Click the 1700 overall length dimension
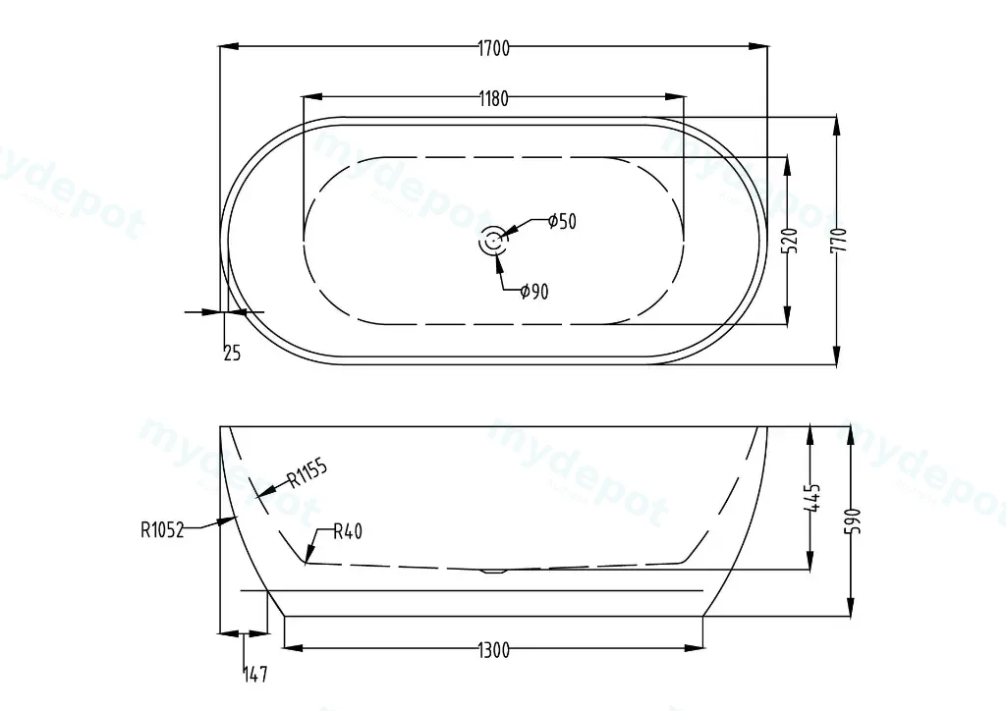(x=493, y=49)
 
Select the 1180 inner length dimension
(x=493, y=99)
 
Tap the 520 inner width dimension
(x=791, y=241)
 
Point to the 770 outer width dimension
(x=840, y=241)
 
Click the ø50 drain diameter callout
(x=563, y=221)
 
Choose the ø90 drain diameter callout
(x=534, y=292)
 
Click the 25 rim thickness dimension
(x=232, y=353)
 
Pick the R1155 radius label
(x=307, y=472)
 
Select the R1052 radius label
(x=162, y=530)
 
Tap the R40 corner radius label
(x=348, y=531)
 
